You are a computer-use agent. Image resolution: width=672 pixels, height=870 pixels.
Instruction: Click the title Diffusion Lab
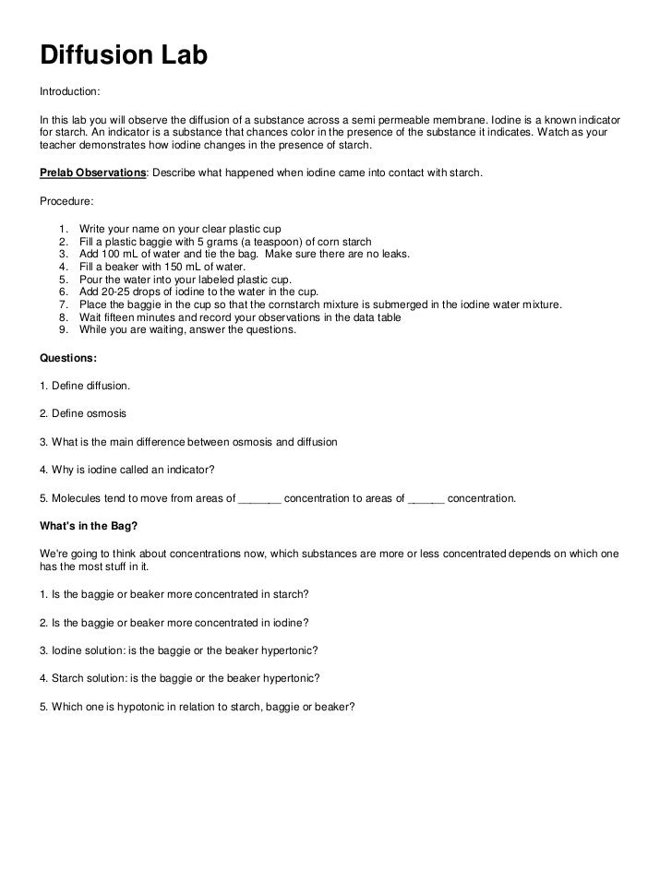pos(124,56)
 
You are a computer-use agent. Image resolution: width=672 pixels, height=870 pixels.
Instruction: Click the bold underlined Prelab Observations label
pos(91,173)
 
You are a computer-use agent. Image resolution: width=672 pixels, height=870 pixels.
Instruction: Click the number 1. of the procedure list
pos(63,227)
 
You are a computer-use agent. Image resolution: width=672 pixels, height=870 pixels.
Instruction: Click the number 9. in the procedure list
pos(63,330)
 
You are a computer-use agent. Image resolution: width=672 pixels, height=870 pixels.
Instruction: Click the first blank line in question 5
pos(259,499)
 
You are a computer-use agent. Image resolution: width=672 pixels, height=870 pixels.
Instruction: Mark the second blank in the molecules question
pos(426,499)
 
